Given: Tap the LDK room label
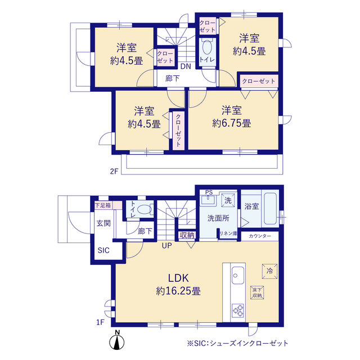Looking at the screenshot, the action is (178, 278).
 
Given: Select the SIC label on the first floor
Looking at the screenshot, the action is (103, 250).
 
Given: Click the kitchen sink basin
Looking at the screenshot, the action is (238, 275).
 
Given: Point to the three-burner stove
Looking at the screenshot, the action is (238, 310).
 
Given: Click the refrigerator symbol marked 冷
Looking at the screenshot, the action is (269, 271).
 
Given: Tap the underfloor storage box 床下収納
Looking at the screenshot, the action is (257, 292).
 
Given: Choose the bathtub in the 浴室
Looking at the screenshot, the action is (270, 209).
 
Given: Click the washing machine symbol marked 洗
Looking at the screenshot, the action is (228, 200).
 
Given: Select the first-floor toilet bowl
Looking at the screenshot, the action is (145, 209).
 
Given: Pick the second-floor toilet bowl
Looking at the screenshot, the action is (208, 47).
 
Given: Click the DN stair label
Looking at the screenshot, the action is (186, 66).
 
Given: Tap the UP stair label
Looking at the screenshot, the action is (166, 246).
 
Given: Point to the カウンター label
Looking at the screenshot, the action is (260, 236).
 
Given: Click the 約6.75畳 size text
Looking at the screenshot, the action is (231, 123).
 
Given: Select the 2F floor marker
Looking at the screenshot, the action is (114, 171).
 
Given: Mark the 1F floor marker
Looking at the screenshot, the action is (100, 322).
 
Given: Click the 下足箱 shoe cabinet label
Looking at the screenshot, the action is (103, 205).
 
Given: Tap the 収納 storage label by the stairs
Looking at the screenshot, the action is (187, 235).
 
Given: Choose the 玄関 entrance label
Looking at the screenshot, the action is (103, 223).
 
